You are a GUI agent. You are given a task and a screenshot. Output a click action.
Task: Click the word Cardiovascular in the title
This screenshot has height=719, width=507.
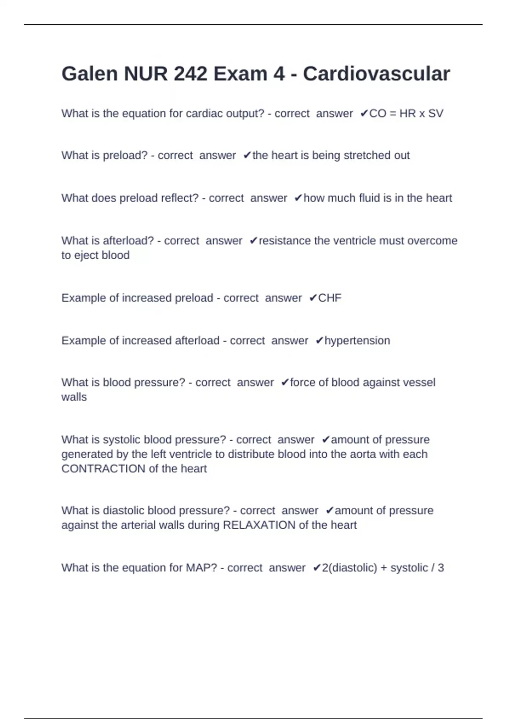tap(376, 74)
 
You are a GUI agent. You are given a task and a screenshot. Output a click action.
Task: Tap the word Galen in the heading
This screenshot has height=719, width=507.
tap(89, 74)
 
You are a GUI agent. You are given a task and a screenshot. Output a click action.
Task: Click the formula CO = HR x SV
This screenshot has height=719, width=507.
tap(406, 113)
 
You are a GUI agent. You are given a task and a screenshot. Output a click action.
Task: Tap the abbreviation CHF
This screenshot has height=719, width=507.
tap(330, 298)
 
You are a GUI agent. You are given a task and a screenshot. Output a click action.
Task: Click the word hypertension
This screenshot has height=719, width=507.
tap(357, 340)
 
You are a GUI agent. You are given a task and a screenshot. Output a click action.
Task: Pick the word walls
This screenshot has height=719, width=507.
tap(74, 397)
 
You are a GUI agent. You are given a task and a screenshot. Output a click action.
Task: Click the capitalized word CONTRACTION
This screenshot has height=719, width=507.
tap(104, 469)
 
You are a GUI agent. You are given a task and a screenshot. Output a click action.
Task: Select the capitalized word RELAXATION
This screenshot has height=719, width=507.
tap(259, 525)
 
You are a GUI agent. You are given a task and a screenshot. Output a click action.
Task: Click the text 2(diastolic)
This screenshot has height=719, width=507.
tap(349, 568)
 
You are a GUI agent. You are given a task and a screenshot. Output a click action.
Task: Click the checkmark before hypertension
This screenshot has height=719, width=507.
tap(319, 340)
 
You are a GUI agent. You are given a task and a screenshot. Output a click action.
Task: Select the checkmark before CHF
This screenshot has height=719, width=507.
tap(313, 298)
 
